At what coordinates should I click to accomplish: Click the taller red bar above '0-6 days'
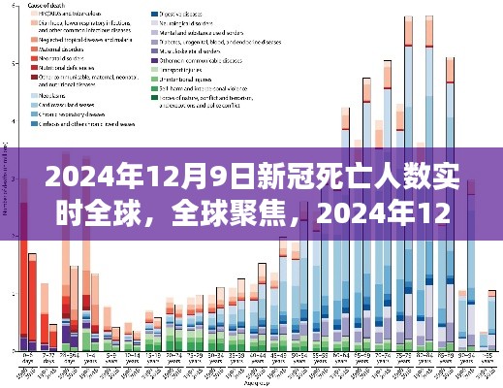(23, 281)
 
